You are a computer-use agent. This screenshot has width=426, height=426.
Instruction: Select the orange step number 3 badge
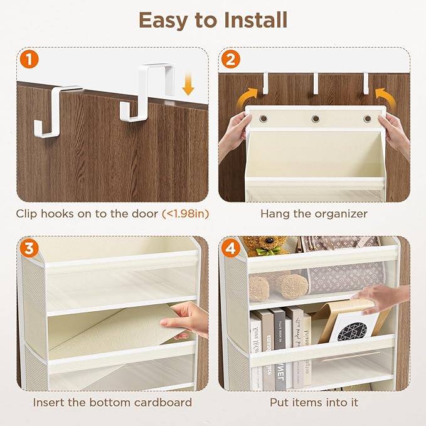point(28,248)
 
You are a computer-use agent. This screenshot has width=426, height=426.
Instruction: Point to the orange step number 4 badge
point(230,248)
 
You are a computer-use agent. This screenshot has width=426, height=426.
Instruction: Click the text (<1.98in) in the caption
point(185,214)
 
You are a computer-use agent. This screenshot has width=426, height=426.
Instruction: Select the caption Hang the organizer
point(314,214)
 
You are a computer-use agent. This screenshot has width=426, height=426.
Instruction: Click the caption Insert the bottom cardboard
point(113,402)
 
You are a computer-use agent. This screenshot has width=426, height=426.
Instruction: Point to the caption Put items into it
point(314,402)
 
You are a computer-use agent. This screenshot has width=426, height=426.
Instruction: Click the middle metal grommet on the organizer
point(315,119)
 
